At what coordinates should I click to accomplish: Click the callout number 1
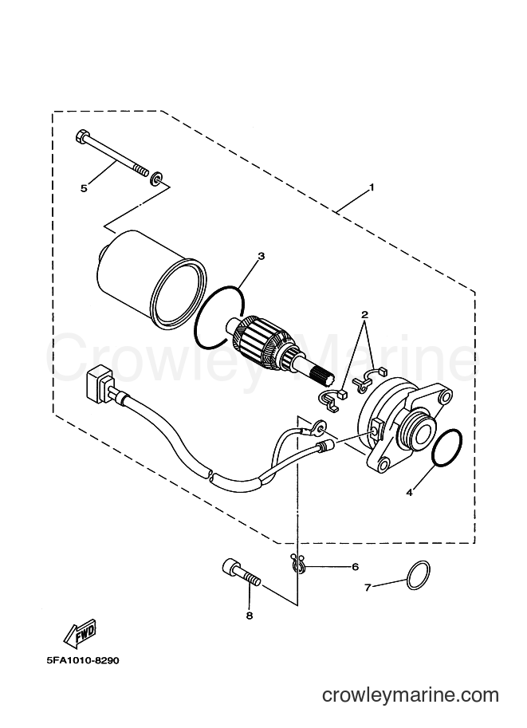[371, 187]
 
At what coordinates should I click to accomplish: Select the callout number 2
[365, 314]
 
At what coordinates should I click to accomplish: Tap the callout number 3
[262, 256]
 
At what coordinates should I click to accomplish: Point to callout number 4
[409, 493]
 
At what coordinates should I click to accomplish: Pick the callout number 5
[84, 188]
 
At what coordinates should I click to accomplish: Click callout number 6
[356, 567]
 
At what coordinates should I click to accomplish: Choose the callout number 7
[368, 588]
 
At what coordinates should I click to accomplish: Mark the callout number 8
[250, 616]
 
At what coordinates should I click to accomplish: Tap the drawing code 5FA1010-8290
[83, 660]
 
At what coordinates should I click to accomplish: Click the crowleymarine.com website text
[411, 695]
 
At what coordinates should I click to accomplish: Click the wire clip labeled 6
[296, 562]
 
